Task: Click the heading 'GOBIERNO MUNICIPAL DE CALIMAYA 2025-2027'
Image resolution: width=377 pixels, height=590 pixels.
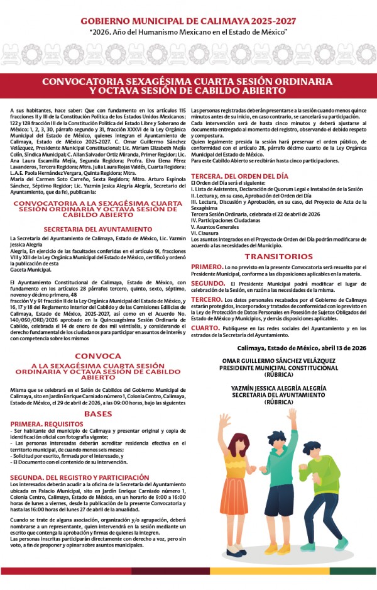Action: (188, 21)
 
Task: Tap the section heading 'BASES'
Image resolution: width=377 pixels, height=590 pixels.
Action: (98, 414)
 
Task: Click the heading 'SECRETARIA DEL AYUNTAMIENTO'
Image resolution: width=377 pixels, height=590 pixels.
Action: (98, 229)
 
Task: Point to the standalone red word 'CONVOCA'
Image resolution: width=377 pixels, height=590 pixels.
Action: (98, 355)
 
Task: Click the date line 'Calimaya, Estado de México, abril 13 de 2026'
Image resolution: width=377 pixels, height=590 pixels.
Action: (302, 348)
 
